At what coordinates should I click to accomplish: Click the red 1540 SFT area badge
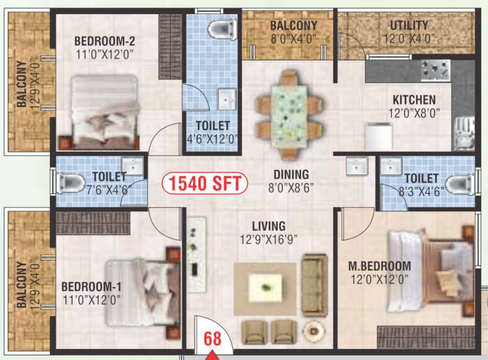pos(204,183)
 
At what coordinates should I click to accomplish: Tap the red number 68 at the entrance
pos(212,339)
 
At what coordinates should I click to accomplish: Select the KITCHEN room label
pos(414,100)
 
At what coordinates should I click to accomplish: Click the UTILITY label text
pos(409,25)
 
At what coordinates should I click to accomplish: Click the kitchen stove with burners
pos(435,69)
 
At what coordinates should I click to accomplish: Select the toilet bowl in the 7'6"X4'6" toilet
pos(70,183)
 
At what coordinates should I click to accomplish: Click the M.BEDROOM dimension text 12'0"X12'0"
pos(380,280)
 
